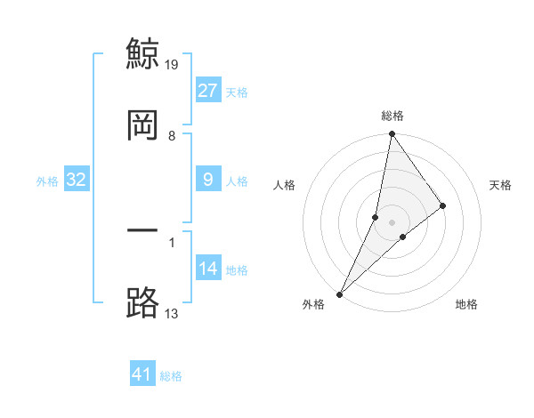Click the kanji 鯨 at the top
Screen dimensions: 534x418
point(143,53)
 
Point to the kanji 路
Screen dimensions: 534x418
point(143,302)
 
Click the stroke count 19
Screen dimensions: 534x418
point(173,64)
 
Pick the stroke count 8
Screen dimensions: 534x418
point(172,136)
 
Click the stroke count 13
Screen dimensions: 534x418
point(172,313)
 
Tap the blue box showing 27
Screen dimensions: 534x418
point(208,91)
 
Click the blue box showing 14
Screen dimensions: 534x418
point(208,269)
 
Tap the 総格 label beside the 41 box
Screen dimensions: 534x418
point(171,376)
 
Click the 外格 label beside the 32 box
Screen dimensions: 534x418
point(47,181)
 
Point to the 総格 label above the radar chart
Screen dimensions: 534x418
point(392,116)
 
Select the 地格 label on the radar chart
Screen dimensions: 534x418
point(466,305)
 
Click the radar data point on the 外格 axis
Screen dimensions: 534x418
point(340,293)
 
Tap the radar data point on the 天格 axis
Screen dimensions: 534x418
point(443,205)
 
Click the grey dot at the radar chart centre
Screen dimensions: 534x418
point(392,222)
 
